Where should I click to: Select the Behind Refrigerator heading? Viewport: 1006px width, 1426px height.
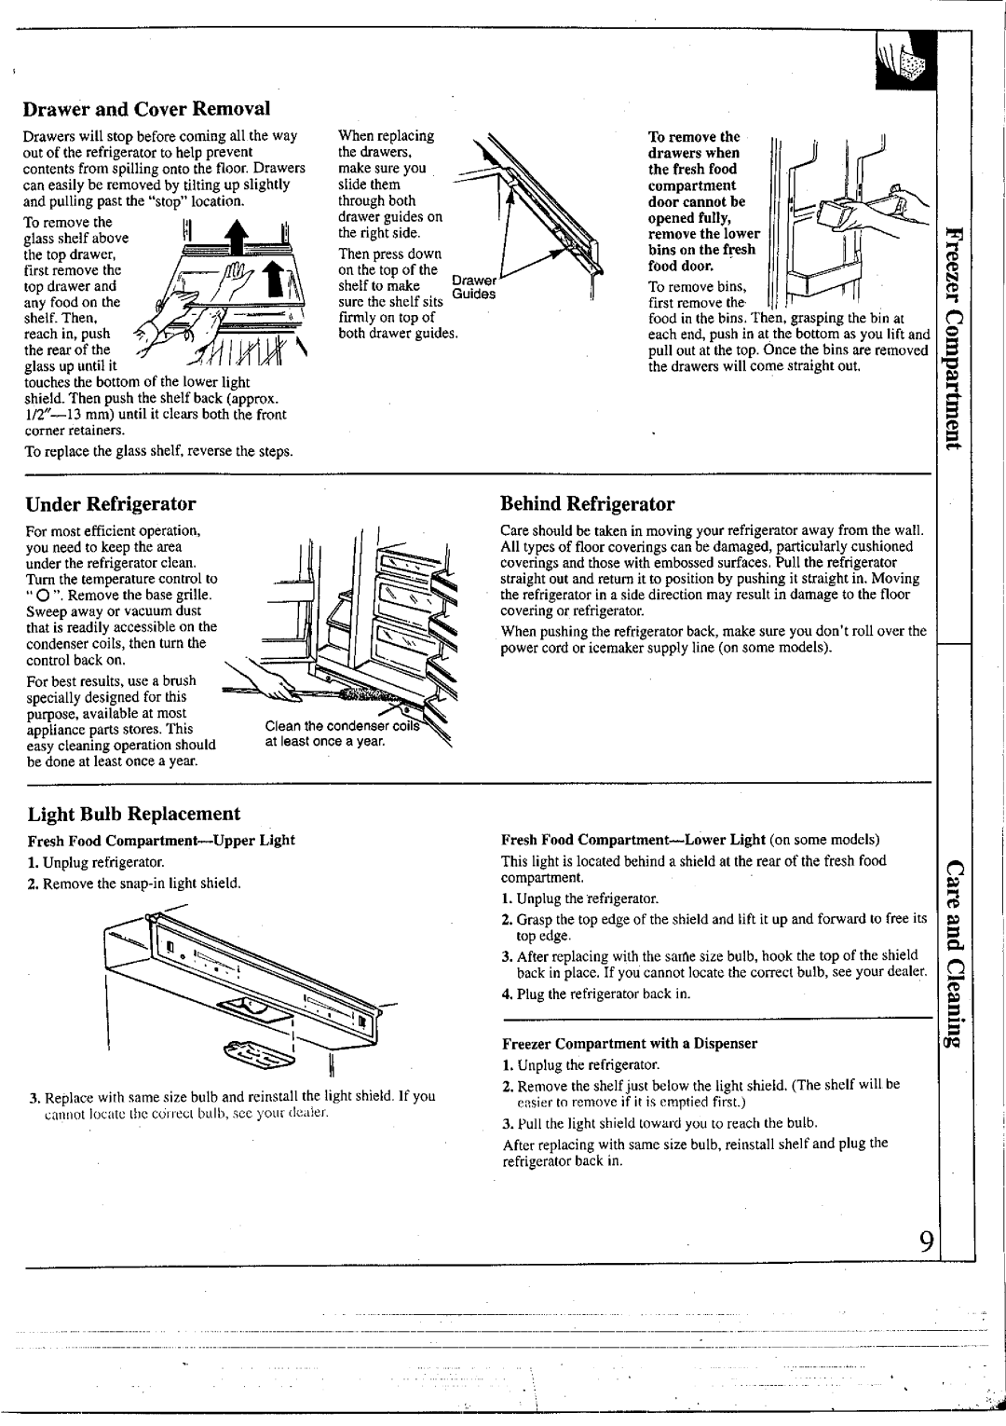587,504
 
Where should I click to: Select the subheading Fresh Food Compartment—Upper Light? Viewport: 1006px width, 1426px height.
156,840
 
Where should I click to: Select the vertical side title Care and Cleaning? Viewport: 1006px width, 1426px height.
957,960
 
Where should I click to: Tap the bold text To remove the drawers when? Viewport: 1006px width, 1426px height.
694,144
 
